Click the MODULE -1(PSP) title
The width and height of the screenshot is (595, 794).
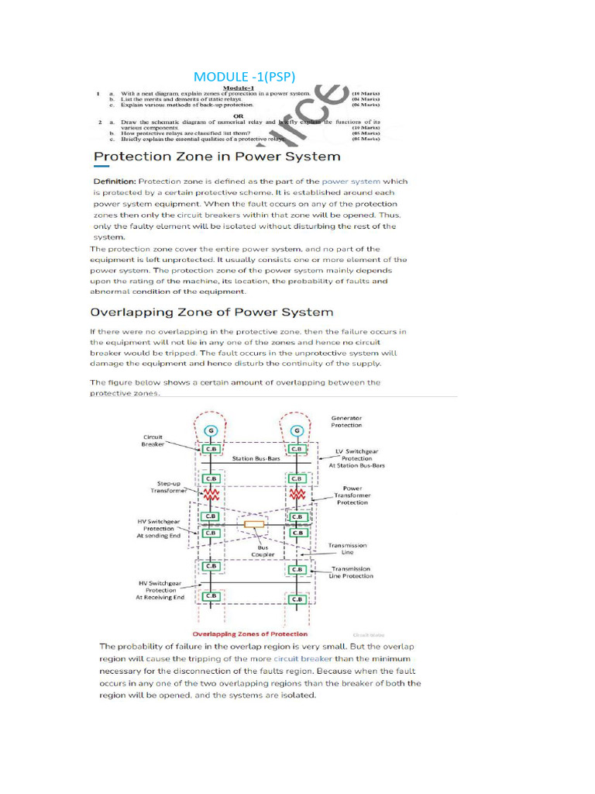(244, 76)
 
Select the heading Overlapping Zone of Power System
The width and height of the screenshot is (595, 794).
(212, 312)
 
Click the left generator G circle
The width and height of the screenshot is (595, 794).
(208, 430)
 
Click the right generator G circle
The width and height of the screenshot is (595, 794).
(295, 430)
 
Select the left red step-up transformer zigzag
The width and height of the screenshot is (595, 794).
(209, 493)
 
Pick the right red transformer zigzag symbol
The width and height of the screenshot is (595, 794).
(296, 493)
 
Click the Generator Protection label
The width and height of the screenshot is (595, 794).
(346, 421)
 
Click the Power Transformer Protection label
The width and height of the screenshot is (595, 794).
(352, 495)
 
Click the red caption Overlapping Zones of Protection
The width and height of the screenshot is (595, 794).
(249, 634)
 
